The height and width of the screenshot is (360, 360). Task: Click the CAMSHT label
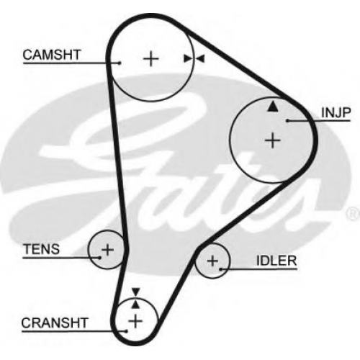(x=52, y=55)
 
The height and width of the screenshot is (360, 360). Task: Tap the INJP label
(x=336, y=112)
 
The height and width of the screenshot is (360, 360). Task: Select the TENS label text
(x=42, y=249)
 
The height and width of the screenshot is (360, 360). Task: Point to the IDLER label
(x=276, y=261)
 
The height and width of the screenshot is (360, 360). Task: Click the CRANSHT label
(x=55, y=323)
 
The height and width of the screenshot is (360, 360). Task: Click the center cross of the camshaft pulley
(x=151, y=58)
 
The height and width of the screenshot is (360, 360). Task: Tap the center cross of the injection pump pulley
(x=272, y=140)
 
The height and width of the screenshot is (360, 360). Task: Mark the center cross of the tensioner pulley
(x=108, y=250)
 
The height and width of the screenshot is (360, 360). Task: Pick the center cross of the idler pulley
(x=212, y=261)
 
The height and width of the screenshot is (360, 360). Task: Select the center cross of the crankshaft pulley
(x=135, y=321)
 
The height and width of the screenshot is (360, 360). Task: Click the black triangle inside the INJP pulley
(x=273, y=107)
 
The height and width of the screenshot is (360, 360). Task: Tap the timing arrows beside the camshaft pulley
(x=194, y=58)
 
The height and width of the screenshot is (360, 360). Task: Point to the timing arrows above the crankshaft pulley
(x=136, y=298)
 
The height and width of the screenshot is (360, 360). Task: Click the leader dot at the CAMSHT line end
(x=120, y=63)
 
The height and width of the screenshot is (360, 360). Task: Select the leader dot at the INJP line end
(x=287, y=120)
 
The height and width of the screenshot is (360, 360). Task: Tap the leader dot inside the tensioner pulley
(x=99, y=258)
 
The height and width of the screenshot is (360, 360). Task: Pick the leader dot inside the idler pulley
(x=221, y=269)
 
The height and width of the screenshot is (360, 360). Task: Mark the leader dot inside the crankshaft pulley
(x=126, y=331)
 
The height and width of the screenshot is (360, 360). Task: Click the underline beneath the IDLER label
(x=258, y=269)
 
